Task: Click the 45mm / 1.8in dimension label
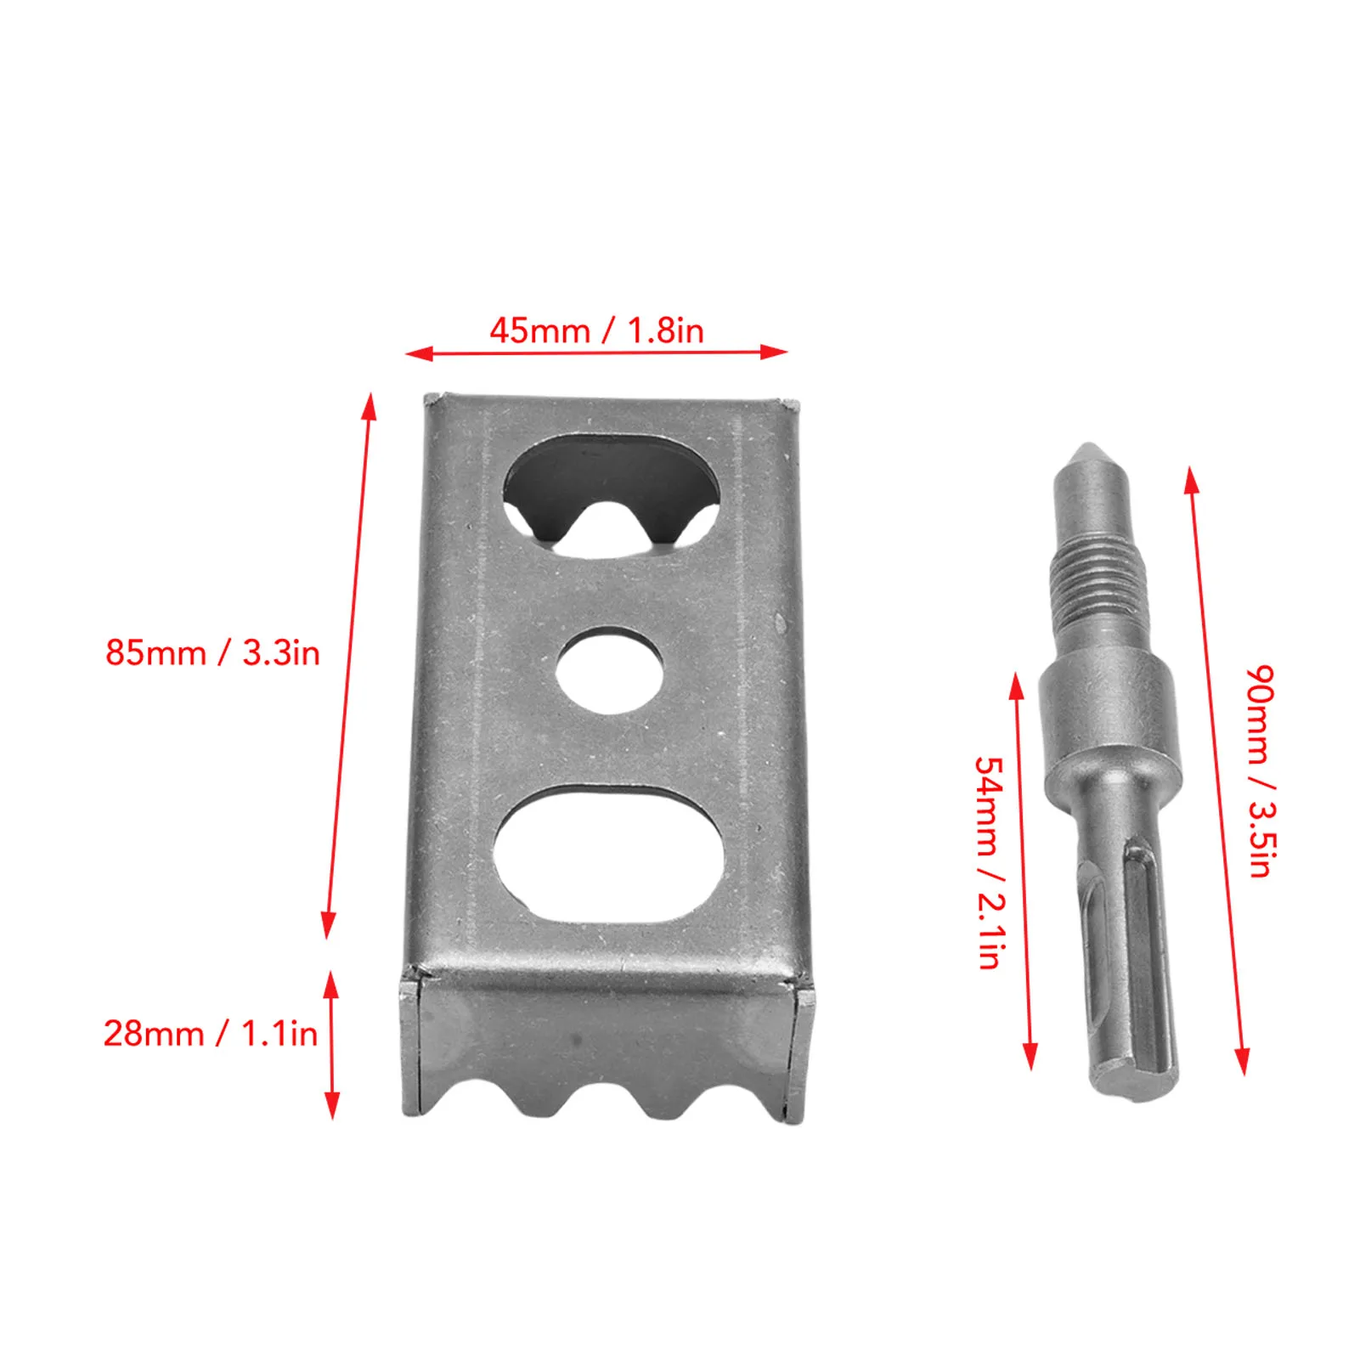click(x=596, y=330)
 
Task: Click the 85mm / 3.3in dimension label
click(x=212, y=652)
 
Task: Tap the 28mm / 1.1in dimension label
click(x=211, y=1034)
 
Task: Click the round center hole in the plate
click(x=609, y=670)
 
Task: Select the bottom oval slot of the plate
click(x=609, y=854)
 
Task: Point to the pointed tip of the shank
click(x=1089, y=451)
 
